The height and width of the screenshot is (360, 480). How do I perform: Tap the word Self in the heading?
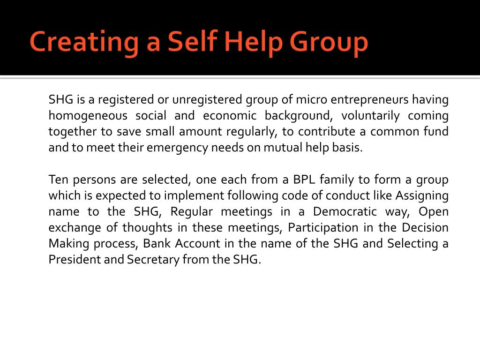(192, 42)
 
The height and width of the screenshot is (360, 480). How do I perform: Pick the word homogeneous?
(88, 116)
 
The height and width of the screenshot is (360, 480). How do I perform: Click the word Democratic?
(345, 212)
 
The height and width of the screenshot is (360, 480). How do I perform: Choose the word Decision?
(425, 228)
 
